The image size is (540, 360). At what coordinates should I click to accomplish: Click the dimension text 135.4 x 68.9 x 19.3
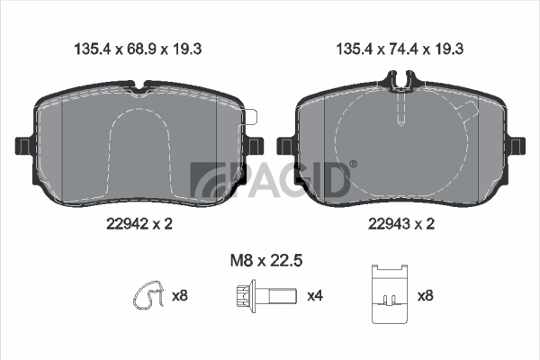click(x=138, y=49)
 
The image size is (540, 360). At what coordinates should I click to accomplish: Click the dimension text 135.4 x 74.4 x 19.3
click(x=400, y=49)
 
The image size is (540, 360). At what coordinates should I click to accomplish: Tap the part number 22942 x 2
click(x=139, y=224)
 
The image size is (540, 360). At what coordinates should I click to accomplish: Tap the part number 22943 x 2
click(x=401, y=224)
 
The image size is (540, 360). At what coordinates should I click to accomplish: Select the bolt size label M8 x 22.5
click(x=266, y=260)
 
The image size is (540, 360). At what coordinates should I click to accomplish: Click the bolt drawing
click(x=266, y=296)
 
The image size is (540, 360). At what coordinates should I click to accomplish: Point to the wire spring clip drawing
click(x=149, y=294)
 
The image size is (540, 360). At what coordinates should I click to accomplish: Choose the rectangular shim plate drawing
click(x=390, y=294)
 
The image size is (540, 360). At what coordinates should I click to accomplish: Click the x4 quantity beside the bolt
click(x=315, y=296)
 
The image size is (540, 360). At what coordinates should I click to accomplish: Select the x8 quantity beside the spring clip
click(x=180, y=296)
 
